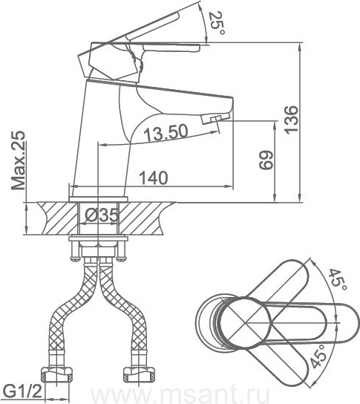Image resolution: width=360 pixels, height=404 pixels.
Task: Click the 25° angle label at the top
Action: tap(216, 24)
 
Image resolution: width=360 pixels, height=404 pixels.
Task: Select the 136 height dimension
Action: tap(292, 120)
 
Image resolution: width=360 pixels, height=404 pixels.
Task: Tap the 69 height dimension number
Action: tap(266, 160)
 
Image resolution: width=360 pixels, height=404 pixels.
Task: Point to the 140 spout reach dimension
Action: tap(153, 177)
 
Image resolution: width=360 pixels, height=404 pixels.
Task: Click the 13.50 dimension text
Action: tap(166, 132)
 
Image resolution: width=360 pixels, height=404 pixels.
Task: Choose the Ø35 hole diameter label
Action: tap(101, 215)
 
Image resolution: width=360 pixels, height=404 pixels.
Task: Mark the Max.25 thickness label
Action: tap(19, 160)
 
